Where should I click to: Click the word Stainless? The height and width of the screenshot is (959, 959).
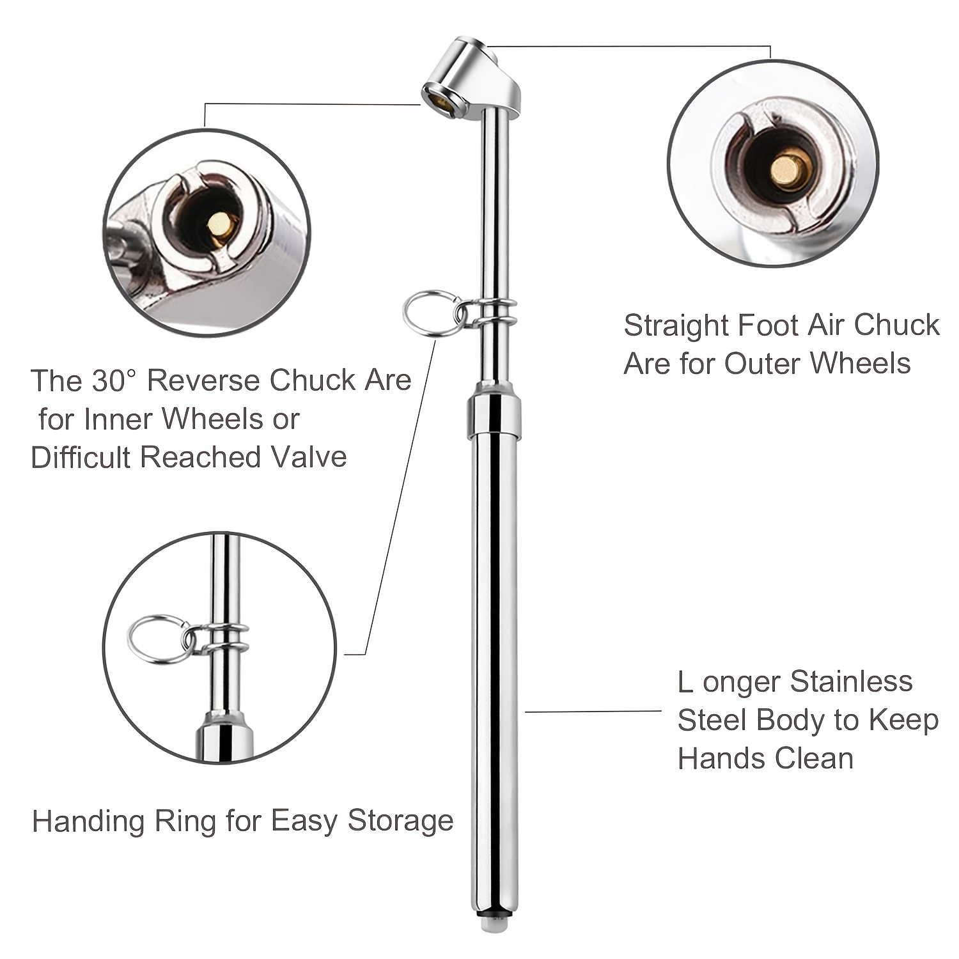coord(851,682)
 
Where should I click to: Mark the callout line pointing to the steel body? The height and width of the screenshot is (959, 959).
coord(593,710)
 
